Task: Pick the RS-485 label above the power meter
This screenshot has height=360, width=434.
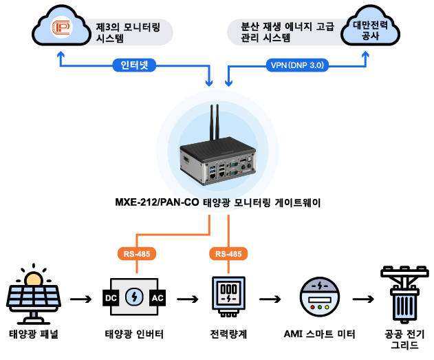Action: point(228,254)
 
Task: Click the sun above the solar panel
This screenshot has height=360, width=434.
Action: point(32,278)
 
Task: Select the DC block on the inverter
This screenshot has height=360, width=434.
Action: point(110,299)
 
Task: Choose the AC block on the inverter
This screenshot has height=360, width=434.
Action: point(157,299)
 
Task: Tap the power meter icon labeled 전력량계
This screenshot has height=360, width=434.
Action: point(228,298)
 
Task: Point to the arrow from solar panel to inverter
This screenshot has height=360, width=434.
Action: point(80,299)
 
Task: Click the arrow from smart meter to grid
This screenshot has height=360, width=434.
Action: point(362,299)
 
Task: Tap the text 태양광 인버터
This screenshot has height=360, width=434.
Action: point(134,335)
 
